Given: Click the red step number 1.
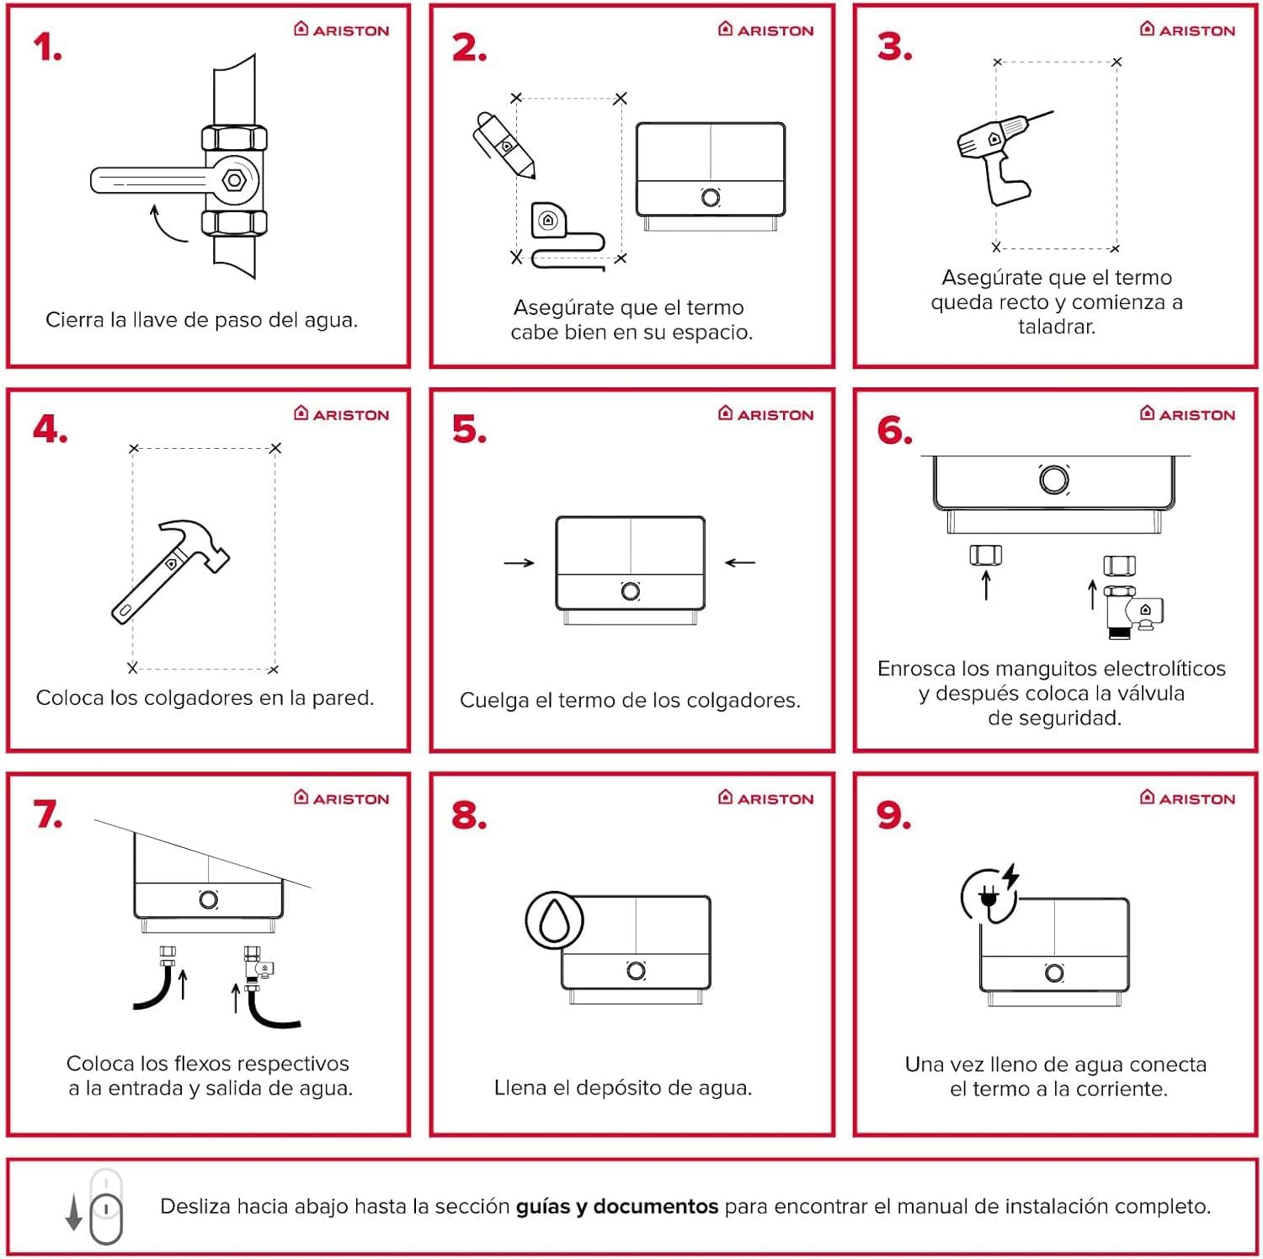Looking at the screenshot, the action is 47,47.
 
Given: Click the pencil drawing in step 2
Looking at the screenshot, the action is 504,145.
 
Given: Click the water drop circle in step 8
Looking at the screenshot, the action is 554,920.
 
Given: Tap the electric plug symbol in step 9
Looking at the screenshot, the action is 990,898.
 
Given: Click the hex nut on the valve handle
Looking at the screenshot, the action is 235,179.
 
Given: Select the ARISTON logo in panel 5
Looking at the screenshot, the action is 766,414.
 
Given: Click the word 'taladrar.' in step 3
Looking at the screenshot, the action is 1056,327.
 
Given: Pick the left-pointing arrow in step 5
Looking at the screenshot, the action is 740,563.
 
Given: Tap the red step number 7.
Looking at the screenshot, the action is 48,814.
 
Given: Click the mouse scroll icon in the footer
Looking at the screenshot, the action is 105,1208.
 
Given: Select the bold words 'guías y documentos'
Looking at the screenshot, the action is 616,1207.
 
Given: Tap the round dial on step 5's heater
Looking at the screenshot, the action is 630,591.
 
